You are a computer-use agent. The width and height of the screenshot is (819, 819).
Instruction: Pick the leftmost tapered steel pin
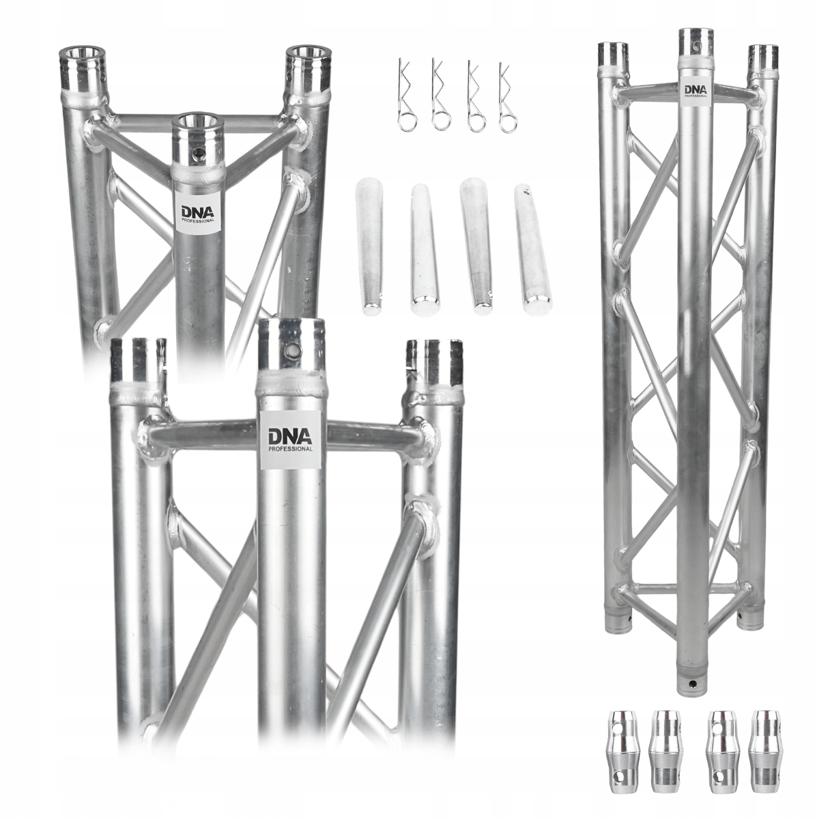(369, 248)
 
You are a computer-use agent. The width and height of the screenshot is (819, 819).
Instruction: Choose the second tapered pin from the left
(423, 250)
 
